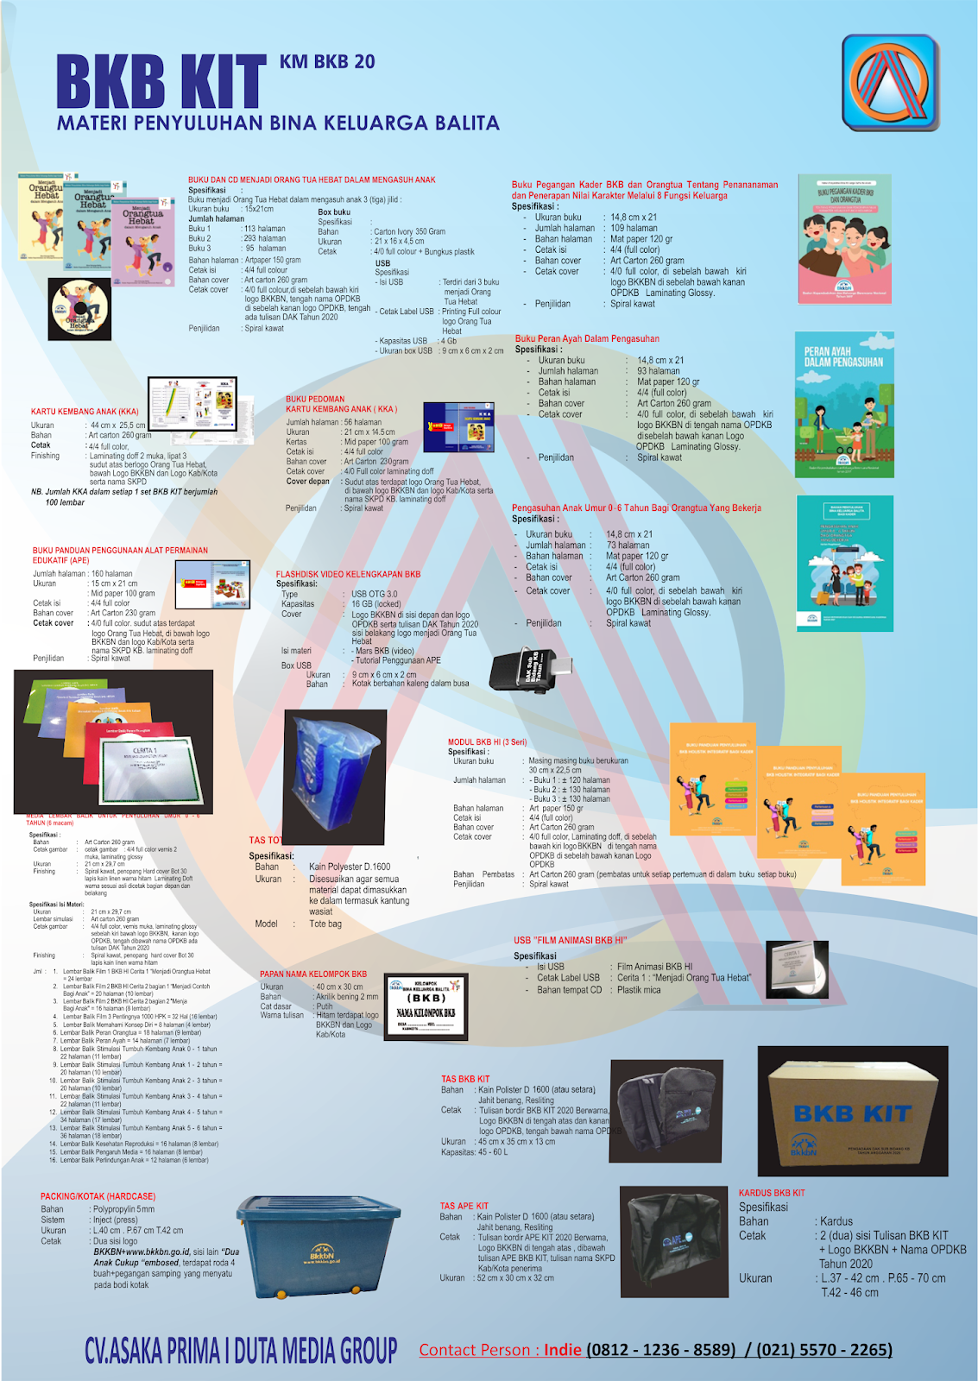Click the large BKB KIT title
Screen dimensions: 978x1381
click(x=161, y=82)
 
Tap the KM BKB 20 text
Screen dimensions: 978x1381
click(x=327, y=62)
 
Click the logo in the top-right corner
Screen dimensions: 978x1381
click(x=890, y=83)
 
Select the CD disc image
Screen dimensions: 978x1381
click(x=80, y=310)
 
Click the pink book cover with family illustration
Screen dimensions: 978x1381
click(x=844, y=239)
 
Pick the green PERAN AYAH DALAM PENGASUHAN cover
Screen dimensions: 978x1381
click(x=844, y=405)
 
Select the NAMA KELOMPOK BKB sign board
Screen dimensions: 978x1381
click(x=426, y=1006)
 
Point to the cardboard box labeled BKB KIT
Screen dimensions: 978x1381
click(x=853, y=1111)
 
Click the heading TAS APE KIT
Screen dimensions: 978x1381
click(x=464, y=1206)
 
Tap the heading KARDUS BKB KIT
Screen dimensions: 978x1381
click(x=772, y=1193)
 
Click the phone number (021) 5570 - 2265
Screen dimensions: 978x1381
click(x=824, y=1350)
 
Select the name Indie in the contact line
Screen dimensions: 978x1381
click(x=562, y=1350)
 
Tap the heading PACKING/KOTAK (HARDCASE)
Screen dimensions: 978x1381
click(x=98, y=1196)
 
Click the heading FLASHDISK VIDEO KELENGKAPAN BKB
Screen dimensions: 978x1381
click(x=348, y=574)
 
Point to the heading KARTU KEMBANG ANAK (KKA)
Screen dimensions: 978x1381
click(x=85, y=412)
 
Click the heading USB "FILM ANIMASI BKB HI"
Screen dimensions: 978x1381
click(x=570, y=940)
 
